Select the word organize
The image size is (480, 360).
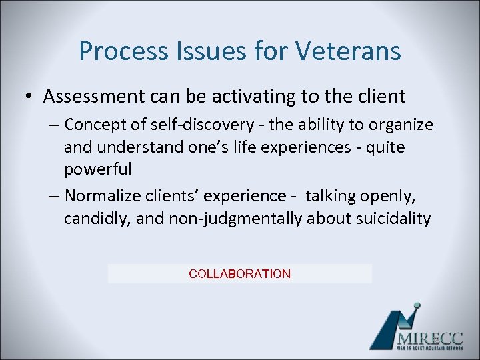click(x=400, y=125)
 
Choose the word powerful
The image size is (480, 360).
click(x=98, y=169)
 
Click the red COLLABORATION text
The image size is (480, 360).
click(x=239, y=274)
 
